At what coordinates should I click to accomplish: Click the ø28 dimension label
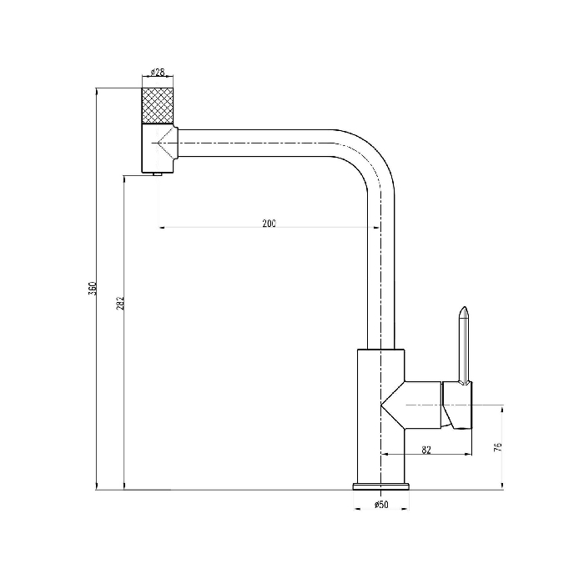[158, 72]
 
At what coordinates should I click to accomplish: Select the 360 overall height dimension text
[92, 289]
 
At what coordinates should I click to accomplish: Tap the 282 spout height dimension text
[120, 303]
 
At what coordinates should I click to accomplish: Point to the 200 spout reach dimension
[269, 223]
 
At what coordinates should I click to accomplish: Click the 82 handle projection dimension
[426, 450]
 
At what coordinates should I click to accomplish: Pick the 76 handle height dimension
[497, 447]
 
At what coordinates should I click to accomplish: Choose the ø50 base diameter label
[381, 504]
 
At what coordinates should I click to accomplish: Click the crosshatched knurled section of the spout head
[158, 106]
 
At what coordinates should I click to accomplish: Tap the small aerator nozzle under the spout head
[158, 174]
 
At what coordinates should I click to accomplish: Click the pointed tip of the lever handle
[463, 307]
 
